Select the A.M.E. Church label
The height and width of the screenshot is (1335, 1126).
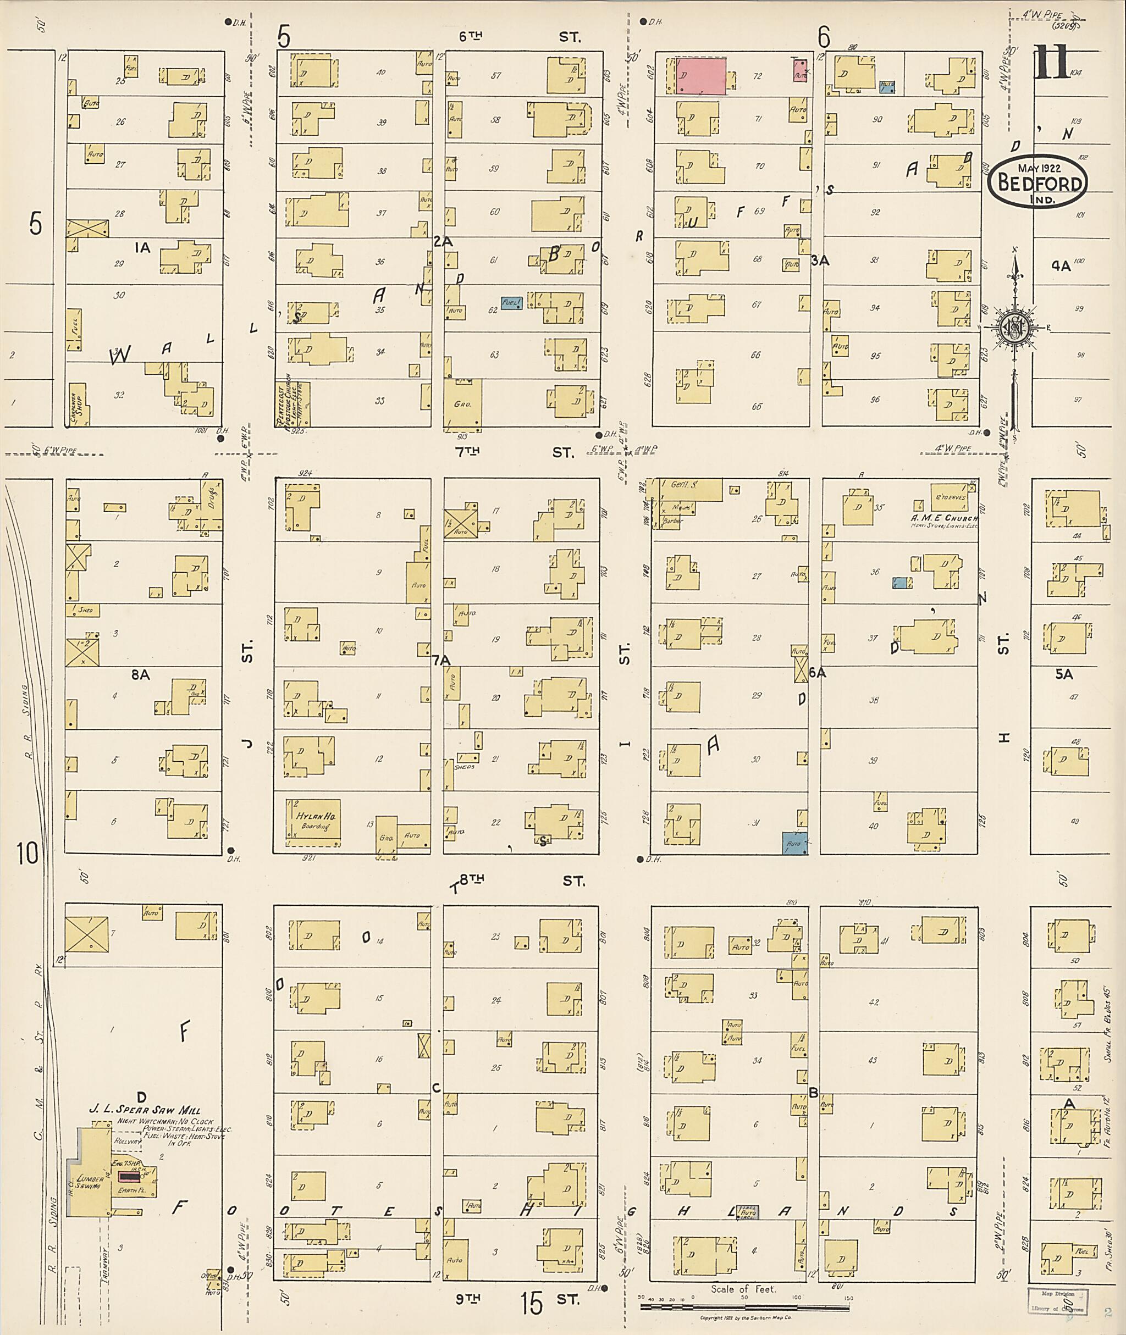[x=943, y=518]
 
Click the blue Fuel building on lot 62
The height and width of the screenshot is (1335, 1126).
[x=511, y=303]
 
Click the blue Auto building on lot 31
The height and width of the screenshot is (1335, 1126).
[x=794, y=843]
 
